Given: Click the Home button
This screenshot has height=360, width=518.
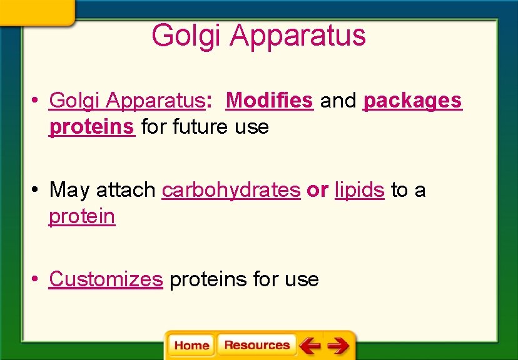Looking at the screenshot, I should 191,346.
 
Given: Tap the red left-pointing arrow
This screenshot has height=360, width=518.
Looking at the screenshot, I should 310,345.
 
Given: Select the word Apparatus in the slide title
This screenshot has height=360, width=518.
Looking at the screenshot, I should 297,36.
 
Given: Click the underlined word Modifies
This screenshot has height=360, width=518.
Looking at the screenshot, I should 269,100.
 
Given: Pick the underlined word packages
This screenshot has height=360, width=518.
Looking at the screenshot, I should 412,101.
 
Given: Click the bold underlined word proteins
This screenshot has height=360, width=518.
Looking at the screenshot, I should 92,127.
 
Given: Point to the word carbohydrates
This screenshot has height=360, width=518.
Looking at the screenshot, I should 231,190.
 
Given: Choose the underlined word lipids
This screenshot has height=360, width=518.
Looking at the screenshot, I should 359,190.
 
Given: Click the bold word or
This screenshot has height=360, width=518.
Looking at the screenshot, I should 317,190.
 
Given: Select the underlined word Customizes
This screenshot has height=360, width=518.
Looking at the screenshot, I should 106,279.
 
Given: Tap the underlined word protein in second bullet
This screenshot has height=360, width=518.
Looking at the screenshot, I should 82,217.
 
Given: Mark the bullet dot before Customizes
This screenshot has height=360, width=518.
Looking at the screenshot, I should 37,279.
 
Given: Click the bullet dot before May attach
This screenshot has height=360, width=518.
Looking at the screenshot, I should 37,189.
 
